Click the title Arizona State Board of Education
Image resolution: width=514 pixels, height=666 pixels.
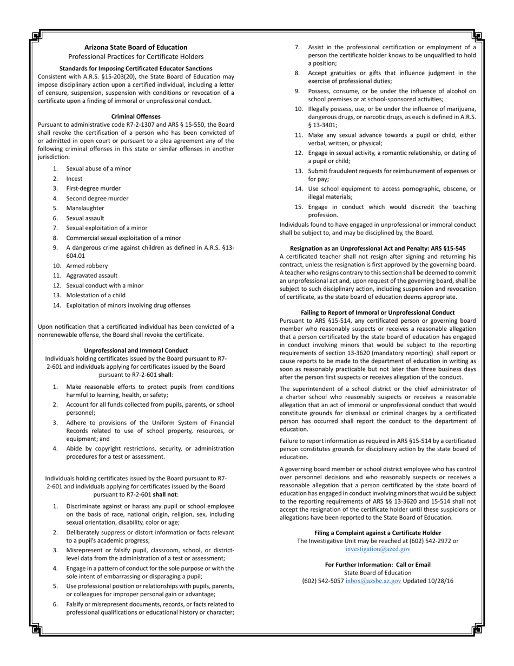(x=136, y=47)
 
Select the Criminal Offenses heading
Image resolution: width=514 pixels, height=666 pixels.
(x=136, y=116)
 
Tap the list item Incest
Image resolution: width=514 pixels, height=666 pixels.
(x=74, y=179)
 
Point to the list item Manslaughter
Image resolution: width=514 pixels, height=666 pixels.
(x=85, y=208)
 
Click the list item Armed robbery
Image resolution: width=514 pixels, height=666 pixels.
(x=87, y=266)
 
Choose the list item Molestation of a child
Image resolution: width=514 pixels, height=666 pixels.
(x=95, y=295)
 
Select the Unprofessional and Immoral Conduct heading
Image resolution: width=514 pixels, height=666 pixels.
(x=136, y=350)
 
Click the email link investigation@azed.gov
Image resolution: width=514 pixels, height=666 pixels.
(x=378, y=549)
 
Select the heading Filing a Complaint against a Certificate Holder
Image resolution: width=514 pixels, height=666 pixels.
(x=378, y=533)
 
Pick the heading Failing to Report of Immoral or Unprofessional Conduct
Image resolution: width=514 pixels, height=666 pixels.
(x=378, y=312)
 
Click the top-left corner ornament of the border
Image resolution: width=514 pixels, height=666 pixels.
(x=36, y=36)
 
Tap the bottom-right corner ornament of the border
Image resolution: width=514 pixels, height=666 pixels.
(x=477, y=629)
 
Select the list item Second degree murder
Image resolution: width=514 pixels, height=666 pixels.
(x=97, y=198)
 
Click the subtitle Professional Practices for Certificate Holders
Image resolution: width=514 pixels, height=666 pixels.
(x=136, y=56)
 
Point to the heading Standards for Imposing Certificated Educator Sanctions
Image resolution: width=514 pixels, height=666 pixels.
(x=136, y=69)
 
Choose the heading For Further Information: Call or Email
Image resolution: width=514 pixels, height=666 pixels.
(x=378, y=565)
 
